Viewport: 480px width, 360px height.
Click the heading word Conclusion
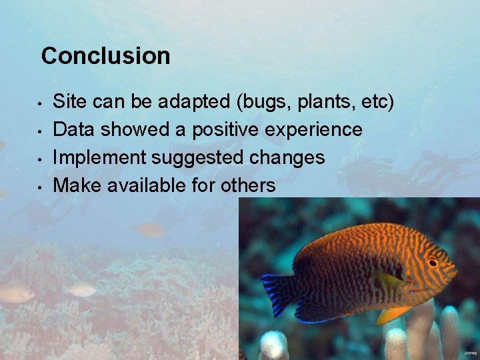click(x=105, y=55)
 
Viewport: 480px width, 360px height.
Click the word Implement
click(x=99, y=157)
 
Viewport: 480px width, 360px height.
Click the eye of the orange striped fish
click(x=432, y=262)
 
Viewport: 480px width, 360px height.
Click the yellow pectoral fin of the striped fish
click(x=392, y=313)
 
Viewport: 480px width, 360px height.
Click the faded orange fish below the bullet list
click(x=149, y=230)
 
